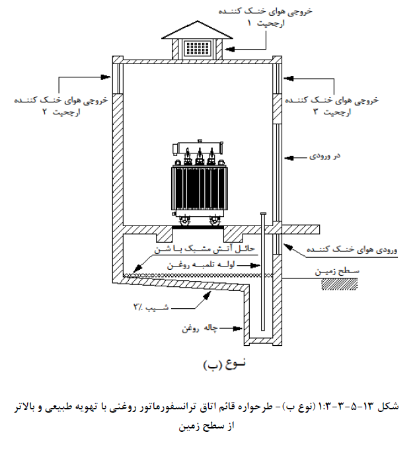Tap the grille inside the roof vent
point(198,48)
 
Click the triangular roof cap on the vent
point(197,30)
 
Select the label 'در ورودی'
point(324,156)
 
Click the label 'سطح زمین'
point(337,271)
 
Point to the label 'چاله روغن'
point(200,328)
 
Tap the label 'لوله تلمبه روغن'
point(201,265)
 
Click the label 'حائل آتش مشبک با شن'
point(205,249)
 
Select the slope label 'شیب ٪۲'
point(151,307)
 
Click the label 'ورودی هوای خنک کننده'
point(352,249)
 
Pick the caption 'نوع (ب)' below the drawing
point(225,364)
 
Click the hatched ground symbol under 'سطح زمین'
point(340,284)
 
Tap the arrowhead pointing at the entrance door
point(289,157)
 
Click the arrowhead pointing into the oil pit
point(238,329)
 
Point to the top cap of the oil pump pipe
point(263,214)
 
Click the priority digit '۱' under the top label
point(249,23)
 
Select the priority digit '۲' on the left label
point(45,111)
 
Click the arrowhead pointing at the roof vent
point(230,49)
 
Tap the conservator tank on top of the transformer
point(198,147)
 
